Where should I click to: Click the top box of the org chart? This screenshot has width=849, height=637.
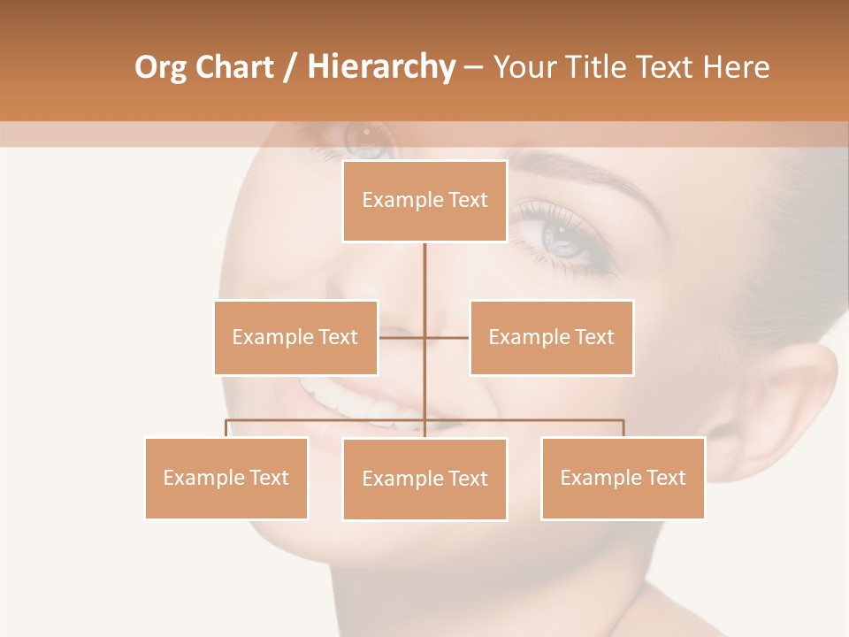point(424,201)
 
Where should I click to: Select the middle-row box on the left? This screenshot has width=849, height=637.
point(295,337)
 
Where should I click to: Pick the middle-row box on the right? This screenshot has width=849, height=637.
point(551,337)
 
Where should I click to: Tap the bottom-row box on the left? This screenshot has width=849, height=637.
point(226,478)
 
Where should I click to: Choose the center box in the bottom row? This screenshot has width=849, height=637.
point(424,479)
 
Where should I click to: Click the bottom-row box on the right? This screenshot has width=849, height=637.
point(623,478)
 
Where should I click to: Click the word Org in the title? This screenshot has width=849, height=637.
point(160,67)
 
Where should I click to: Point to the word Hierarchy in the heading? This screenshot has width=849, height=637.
point(380,67)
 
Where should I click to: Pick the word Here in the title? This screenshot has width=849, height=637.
point(736,67)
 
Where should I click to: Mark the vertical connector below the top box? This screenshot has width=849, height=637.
point(424,283)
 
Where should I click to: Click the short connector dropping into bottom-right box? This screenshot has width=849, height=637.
point(623,428)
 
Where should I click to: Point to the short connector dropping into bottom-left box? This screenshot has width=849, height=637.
point(226,428)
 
